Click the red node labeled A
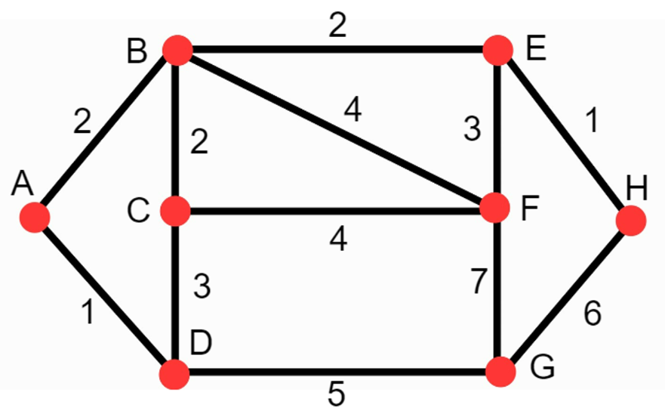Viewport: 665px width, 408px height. click(35, 218)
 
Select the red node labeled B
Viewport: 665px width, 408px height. click(178, 50)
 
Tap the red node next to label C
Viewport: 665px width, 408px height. click(177, 210)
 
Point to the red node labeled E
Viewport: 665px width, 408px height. click(497, 50)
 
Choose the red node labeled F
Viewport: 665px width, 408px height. click(496, 208)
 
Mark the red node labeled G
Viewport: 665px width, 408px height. click(500, 372)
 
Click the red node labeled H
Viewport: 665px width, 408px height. click(631, 221)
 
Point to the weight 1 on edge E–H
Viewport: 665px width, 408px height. click(593, 122)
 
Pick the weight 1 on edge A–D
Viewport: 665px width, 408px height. click(89, 311)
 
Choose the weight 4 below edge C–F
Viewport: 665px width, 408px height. click(338, 240)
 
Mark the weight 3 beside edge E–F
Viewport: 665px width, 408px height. click(471, 131)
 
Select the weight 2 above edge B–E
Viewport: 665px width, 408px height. click(337, 28)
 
